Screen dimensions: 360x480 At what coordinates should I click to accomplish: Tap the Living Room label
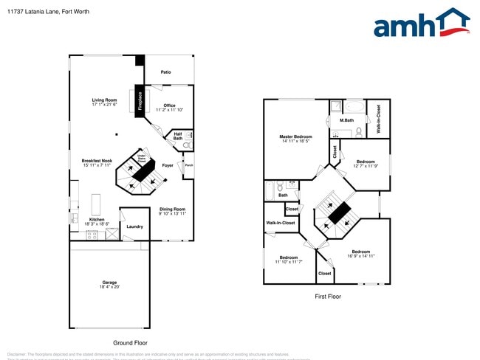click(104, 100)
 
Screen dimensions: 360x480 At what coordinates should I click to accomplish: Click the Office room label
click(169, 105)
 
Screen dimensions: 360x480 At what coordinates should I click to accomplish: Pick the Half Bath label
click(178, 136)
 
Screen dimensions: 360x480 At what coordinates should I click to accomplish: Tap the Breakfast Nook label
click(97, 161)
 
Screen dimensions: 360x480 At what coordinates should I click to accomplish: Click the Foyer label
click(168, 165)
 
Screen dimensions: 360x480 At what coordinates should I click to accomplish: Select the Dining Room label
click(172, 209)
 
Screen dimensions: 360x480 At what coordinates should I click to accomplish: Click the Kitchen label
click(97, 219)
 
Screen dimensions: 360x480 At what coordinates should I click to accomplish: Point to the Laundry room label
click(134, 226)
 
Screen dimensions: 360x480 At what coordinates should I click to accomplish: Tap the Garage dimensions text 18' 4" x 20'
click(109, 287)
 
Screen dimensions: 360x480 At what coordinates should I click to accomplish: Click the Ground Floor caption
click(131, 343)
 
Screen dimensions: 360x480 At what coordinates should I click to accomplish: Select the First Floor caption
click(327, 296)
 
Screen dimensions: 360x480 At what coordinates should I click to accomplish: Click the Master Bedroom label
click(295, 136)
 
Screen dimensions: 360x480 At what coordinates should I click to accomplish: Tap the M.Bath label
click(347, 120)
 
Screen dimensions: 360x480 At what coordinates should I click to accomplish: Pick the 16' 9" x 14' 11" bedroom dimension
click(361, 256)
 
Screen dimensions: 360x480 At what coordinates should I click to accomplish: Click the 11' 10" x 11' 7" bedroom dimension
click(289, 262)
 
